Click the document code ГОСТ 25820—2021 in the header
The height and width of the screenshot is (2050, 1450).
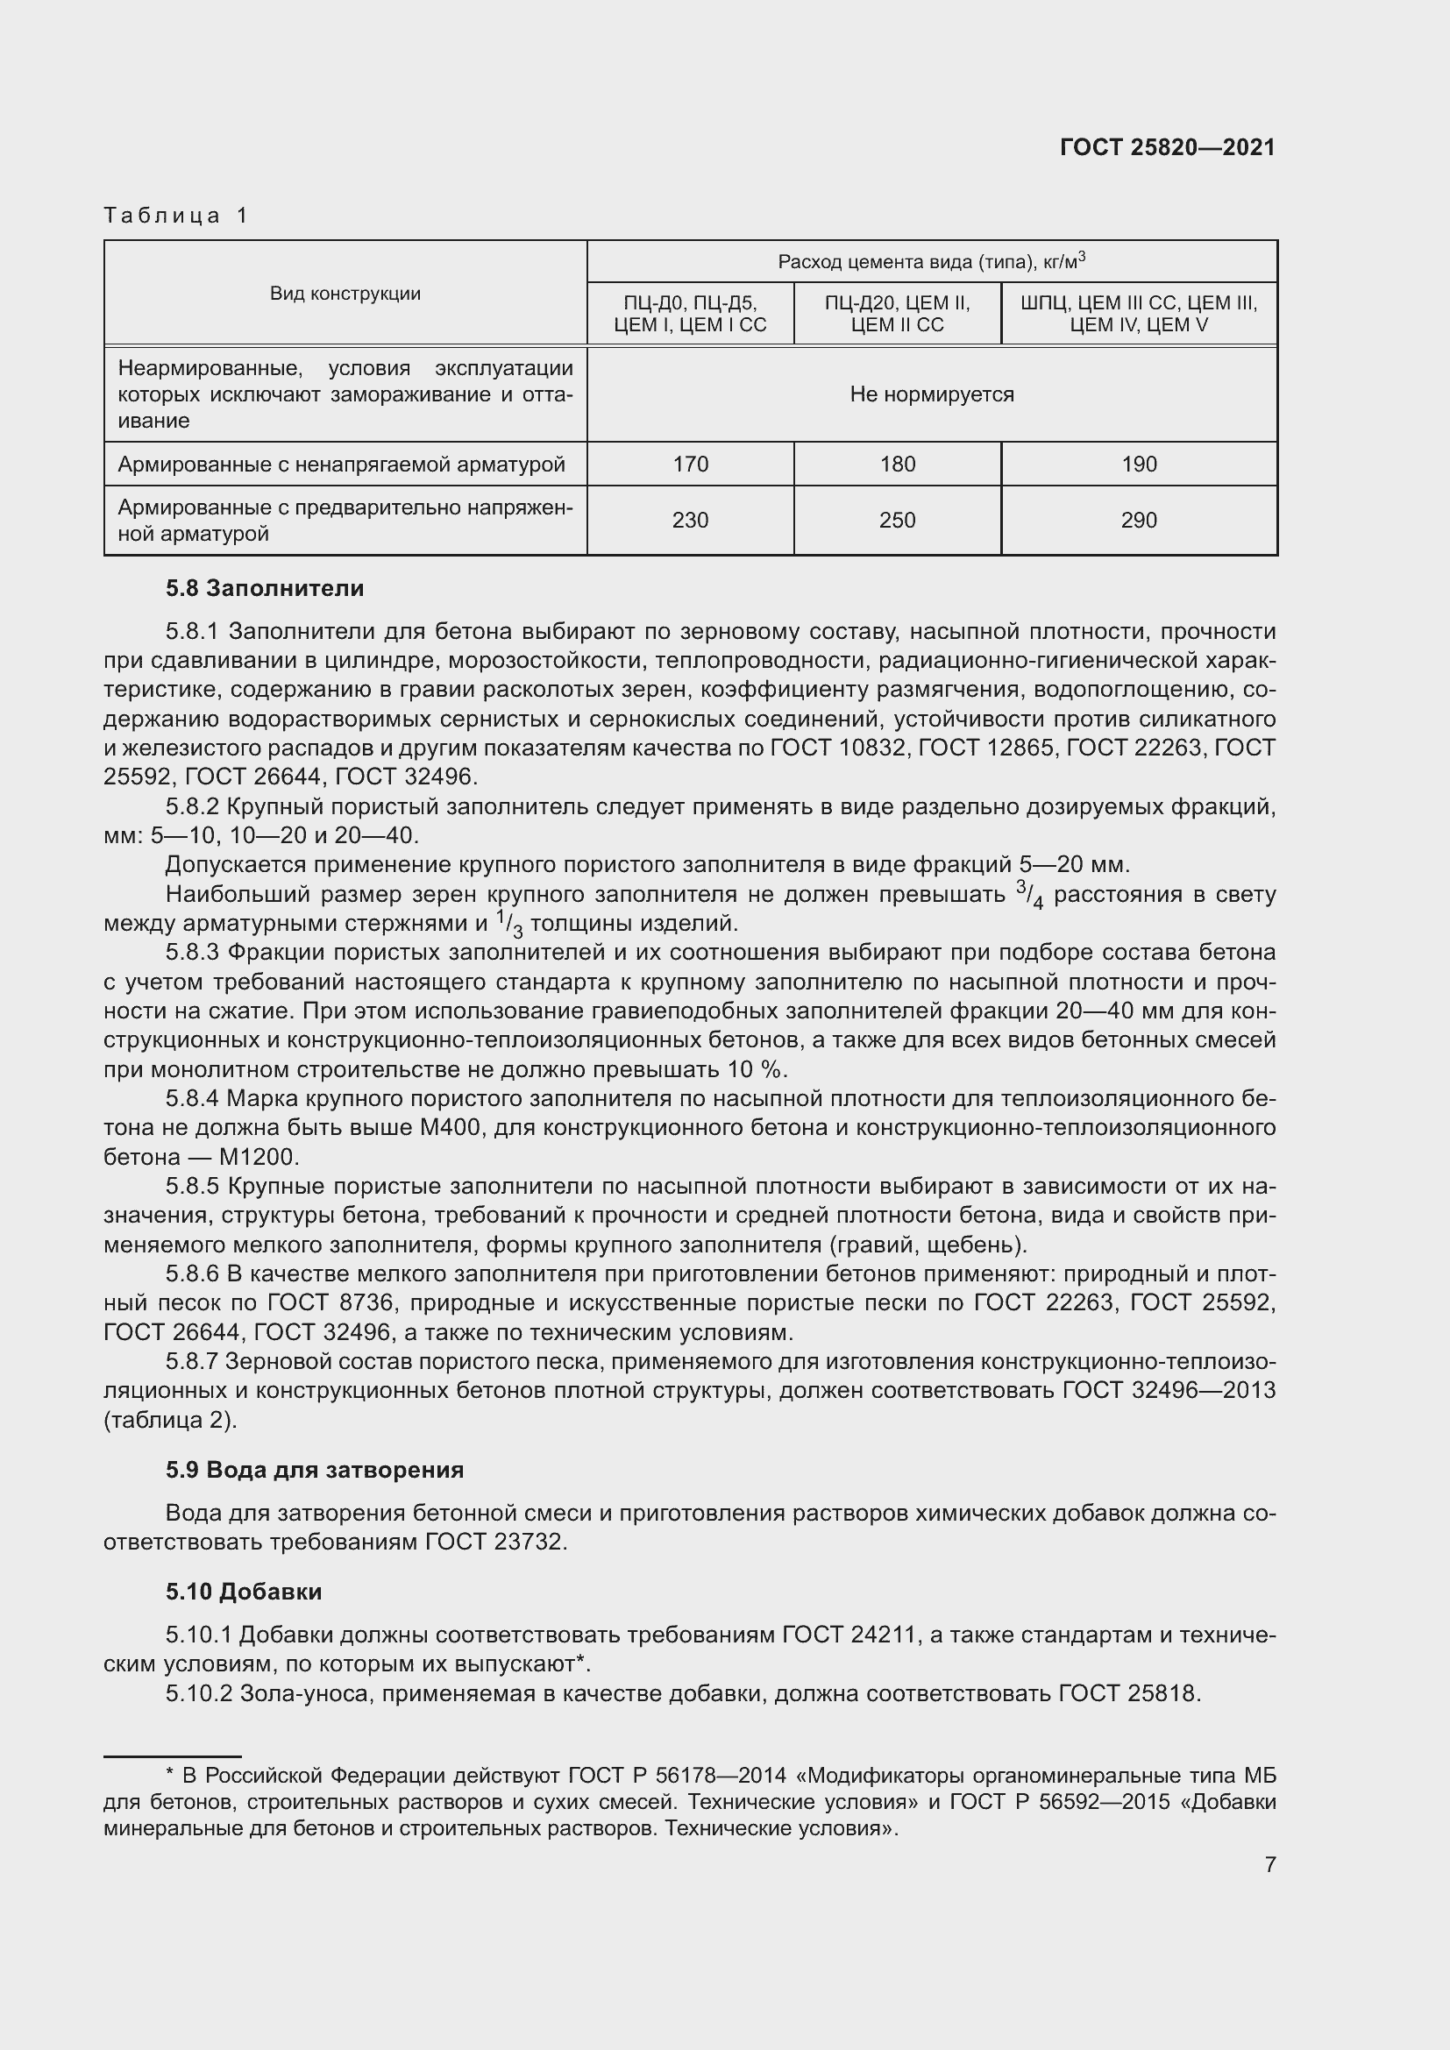[1167, 147]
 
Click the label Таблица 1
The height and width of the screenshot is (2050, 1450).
[176, 216]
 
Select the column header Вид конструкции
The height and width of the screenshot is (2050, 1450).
[345, 294]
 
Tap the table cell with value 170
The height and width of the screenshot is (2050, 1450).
[690, 465]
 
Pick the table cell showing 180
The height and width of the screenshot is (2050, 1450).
[898, 465]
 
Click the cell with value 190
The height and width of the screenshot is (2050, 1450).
[1139, 465]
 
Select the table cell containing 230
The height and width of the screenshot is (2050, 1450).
[690, 521]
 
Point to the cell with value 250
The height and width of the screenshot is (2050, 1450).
[898, 521]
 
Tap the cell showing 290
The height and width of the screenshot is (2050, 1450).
[1139, 521]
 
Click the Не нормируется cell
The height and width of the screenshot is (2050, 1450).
[931, 394]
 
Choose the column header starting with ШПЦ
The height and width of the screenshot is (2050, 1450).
[1139, 314]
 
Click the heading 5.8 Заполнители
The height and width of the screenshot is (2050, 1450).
[264, 588]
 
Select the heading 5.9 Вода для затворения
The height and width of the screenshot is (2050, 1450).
[315, 1470]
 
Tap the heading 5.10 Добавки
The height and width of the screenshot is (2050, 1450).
[244, 1591]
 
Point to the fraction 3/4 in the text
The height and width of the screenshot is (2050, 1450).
[1029, 894]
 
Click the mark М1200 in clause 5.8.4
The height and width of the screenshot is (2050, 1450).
[256, 1157]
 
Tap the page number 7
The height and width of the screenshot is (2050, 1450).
[1269, 1864]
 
